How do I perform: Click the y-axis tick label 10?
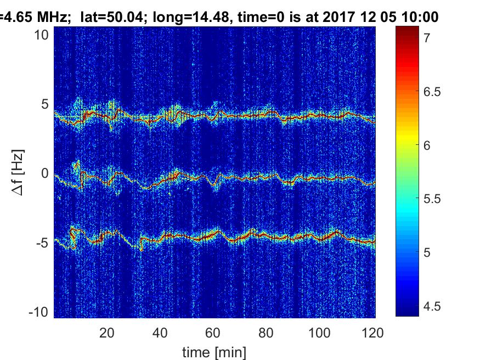[43, 35]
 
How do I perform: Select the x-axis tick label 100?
[320, 332]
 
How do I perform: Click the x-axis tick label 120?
[372, 332]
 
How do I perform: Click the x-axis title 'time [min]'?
[214, 351]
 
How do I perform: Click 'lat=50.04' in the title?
[108, 17]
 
